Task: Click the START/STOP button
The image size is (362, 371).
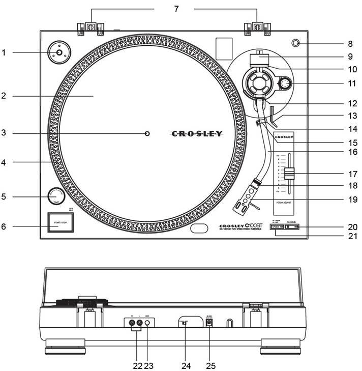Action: click(x=61, y=222)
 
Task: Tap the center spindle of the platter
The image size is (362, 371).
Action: click(x=147, y=134)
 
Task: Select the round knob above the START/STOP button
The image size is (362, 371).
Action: click(x=56, y=196)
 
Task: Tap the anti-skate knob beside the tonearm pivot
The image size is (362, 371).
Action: click(x=286, y=83)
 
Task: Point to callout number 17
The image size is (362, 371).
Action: click(x=352, y=173)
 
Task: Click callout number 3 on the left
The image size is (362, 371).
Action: click(x=4, y=133)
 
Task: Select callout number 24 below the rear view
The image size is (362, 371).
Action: click(x=185, y=365)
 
